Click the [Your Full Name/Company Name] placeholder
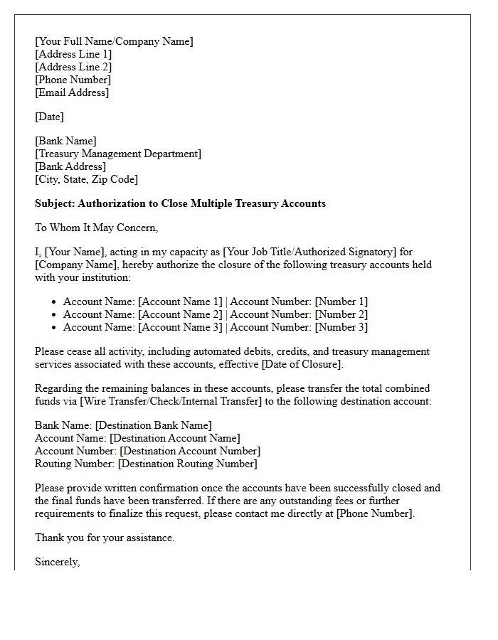tap(114, 41)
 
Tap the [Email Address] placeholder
tap(72, 92)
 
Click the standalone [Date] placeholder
tap(49, 117)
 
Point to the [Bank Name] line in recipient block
tap(65, 141)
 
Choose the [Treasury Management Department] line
tap(118, 154)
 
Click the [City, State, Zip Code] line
tap(86, 179)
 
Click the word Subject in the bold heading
tap(55, 203)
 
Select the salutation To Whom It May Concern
tap(96, 228)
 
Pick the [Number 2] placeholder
tap(341, 314)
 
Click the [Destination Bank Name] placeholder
tap(153, 425)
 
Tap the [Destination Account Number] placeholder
tap(190, 451)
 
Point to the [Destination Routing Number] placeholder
tap(187, 464)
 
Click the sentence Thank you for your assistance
tap(105, 538)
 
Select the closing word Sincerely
tap(57, 562)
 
